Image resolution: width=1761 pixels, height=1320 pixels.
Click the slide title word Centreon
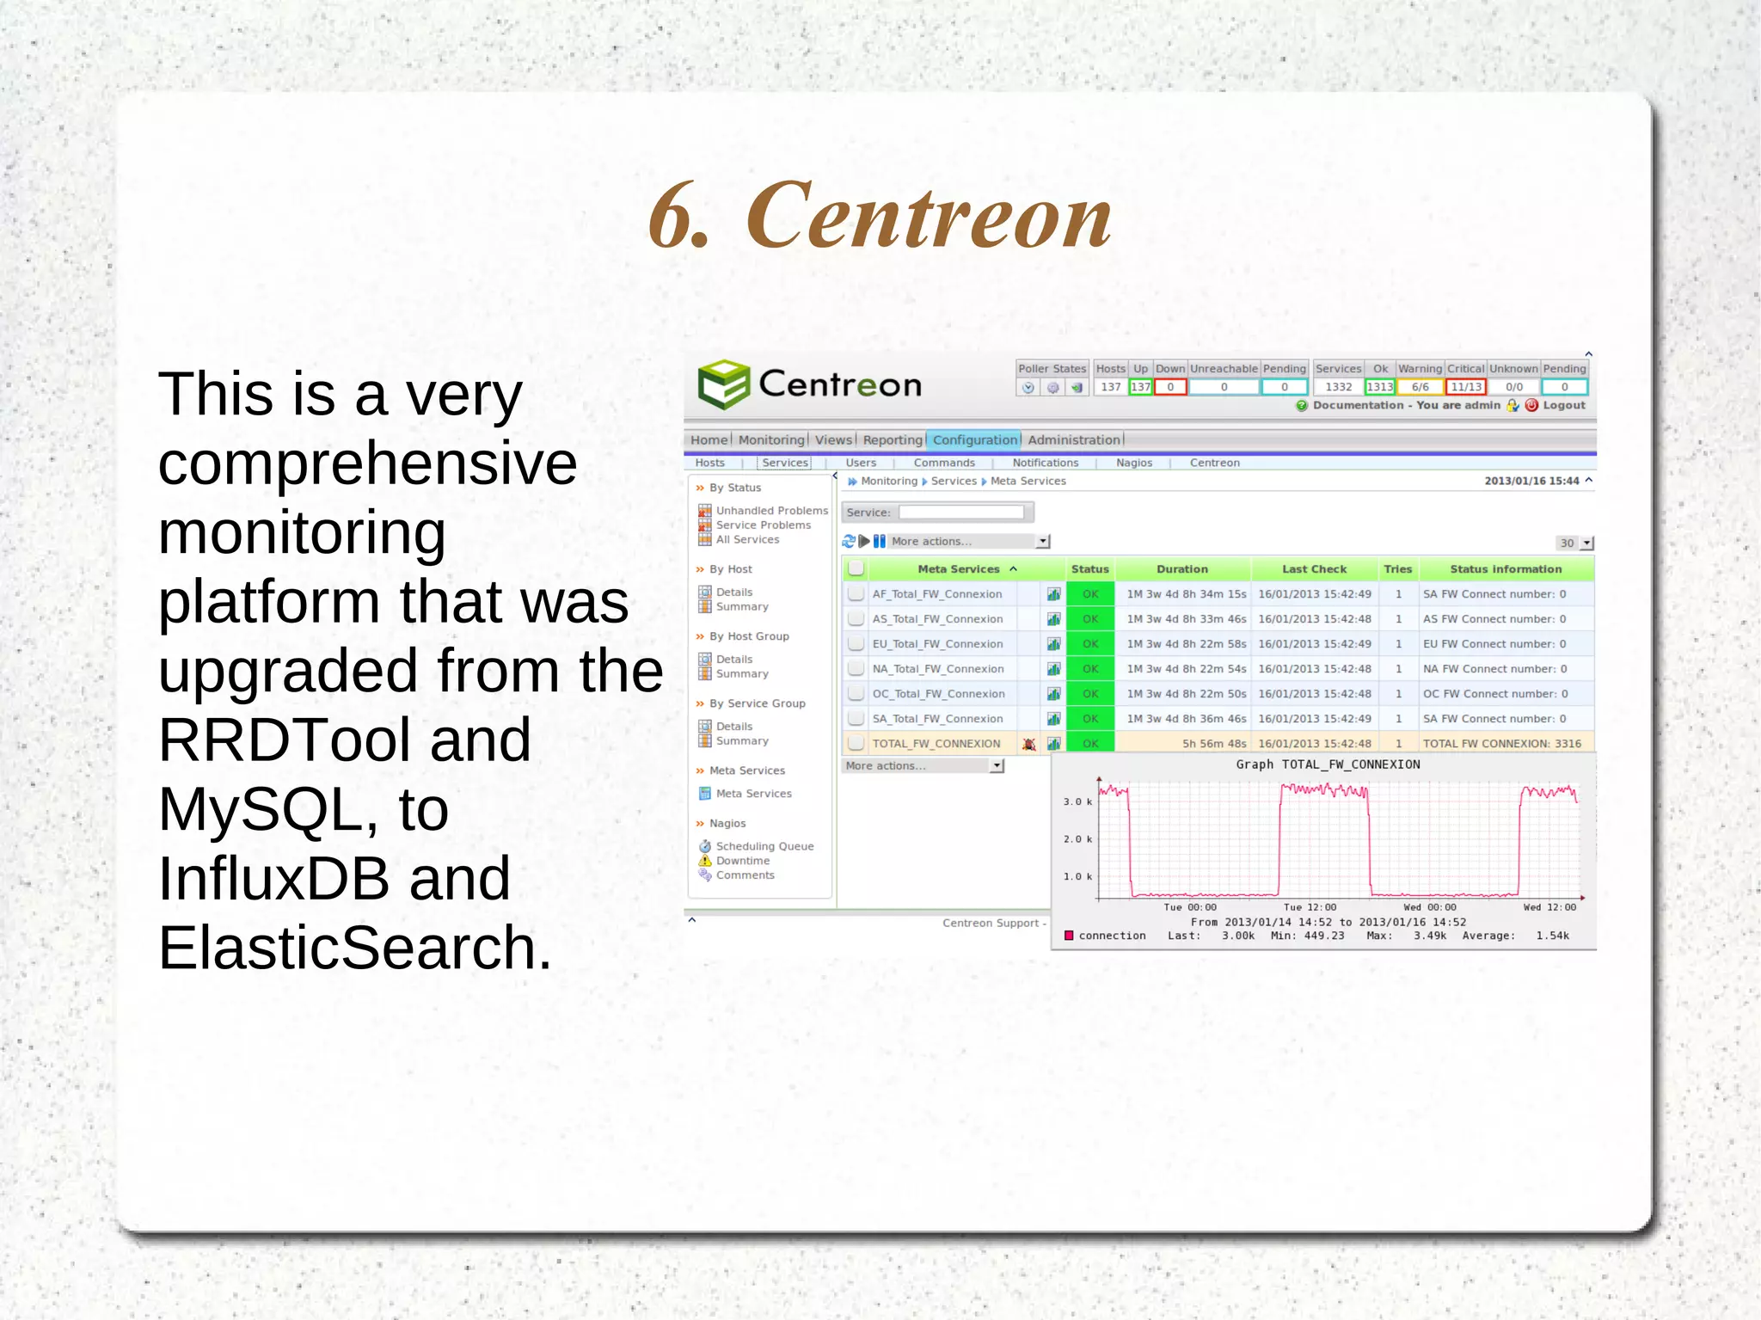pyautogui.click(x=929, y=217)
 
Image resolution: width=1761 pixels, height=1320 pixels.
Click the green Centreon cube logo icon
pyautogui.click(x=724, y=384)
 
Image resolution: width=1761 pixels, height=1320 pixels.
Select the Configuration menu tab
pyautogui.click(x=975, y=440)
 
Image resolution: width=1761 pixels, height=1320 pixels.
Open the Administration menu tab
pyautogui.click(x=1074, y=440)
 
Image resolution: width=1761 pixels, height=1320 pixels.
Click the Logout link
pyautogui.click(x=1563, y=405)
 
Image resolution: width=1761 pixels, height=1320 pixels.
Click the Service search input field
pyautogui.click(x=961, y=513)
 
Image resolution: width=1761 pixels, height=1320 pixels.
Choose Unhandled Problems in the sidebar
pyautogui.click(x=771, y=511)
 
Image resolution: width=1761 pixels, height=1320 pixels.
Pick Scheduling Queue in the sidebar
pyautogui.click(x=764, y=846)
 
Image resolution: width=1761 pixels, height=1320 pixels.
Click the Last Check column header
pyautogui.click(x=1314, y=569)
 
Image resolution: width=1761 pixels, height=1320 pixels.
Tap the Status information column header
pyautogui.click(x=1506, y=569)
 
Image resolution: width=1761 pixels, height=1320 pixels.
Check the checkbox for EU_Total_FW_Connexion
pyautogui.click(x=856, y=644)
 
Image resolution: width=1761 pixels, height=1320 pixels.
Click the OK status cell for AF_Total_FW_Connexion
pyautogui.click(x=1090, y=594)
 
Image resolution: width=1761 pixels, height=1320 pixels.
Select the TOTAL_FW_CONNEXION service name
pyautogui.click(x=936, y=744)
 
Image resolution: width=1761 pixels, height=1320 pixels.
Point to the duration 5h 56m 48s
pyautogui.click(x=1213, y=744)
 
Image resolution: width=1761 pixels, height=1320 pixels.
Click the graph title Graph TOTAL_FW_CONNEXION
pyautogui.click(x=1328, y=764)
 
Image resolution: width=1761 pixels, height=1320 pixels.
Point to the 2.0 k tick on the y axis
pyautogui.click(x=1077, y=839)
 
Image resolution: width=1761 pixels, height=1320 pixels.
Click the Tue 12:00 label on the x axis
pyautogui.click(x=1310, y=907)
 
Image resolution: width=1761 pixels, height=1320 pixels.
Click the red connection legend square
pyautogui.click(x=1069, y=936)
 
